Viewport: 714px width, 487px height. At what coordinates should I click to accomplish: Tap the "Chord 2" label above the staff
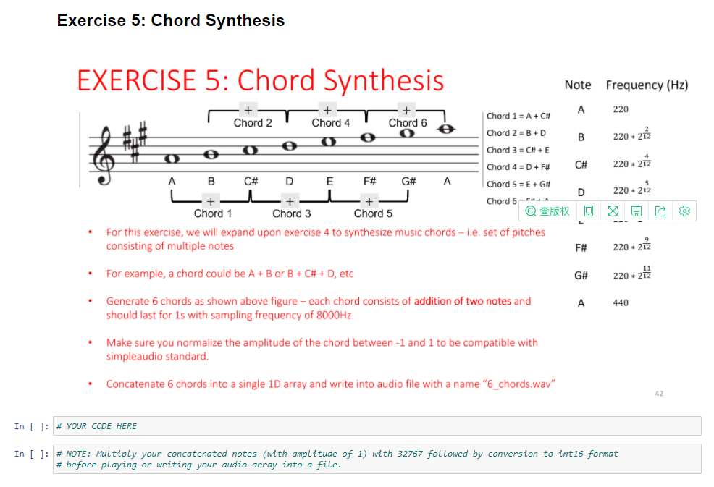point(253,123)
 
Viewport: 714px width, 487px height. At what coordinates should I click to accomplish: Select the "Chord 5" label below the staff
point(373,213)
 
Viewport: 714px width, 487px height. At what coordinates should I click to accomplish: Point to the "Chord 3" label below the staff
point(292,213)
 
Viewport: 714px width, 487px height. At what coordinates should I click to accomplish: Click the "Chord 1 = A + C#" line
point(518,116)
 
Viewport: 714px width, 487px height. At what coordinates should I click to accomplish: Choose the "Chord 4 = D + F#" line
point(518,167)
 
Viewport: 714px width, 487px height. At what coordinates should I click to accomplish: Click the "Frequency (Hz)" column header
point(647,85)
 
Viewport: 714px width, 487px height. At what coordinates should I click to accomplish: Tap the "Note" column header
point(577,85)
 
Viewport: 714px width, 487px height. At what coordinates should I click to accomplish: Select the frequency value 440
point(621,303)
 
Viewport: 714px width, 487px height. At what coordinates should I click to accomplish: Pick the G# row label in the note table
point(580,276)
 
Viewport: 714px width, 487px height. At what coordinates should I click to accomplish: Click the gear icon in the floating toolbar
point(685,211)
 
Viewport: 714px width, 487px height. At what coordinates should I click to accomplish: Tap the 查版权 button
point(548,211)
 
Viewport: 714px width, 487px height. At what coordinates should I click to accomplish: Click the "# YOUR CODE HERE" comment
point(96,426)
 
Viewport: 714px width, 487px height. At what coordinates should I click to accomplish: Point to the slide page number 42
point(658,394)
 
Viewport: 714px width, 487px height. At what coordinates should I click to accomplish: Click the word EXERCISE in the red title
point(136,80)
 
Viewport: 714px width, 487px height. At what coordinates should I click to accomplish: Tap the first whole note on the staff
point(172,158)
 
